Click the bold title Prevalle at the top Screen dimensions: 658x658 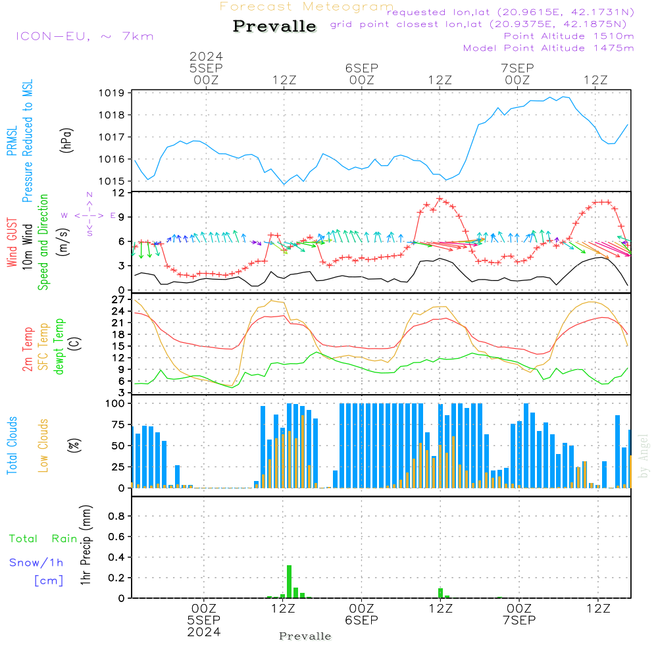[274, 26]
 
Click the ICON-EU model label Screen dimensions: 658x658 [84, 36]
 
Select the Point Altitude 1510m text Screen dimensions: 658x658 [569, 36]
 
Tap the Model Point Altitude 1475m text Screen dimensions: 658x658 [548, 48]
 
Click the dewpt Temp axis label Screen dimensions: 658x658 [59, 346]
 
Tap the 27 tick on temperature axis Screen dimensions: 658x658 [118, 299]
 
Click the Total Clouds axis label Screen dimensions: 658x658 [12, 445]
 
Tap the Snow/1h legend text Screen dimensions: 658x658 [37, 563]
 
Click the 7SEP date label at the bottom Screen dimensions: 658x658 [519, 620]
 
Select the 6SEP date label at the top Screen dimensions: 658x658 [361, 68]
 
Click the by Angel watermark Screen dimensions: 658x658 [644, 456]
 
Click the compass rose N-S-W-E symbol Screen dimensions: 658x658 [89, 215]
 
